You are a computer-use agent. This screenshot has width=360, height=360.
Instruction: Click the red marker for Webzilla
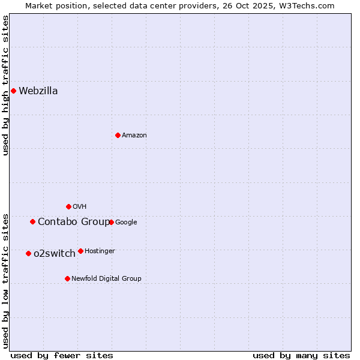tap(13, 91)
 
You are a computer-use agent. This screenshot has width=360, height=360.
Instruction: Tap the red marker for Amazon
tap(118, 135)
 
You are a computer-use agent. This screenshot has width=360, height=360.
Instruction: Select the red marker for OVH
tap(68, 206)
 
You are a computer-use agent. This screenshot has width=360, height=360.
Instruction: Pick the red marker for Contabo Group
tap(32, 221)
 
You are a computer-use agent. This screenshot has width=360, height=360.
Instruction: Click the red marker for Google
tap(111, 222)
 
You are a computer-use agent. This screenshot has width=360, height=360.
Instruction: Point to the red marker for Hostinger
tap(80, 251)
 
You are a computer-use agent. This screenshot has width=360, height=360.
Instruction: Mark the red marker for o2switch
tap(28, 253)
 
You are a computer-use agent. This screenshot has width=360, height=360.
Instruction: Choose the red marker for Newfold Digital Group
tap(67, 278)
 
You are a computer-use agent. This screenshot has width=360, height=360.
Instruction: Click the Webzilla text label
tap(38, 91)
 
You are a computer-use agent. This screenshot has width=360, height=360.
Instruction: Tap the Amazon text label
tap(134, 136)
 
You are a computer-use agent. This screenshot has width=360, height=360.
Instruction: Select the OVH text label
tap(80, 207)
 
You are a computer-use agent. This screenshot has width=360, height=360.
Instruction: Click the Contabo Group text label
tap(73, 222)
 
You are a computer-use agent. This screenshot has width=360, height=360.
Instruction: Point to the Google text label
tap(126, 223)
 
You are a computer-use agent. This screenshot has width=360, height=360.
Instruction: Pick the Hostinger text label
tap(100, 251)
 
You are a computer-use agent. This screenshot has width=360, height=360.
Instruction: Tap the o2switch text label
tap(55, 254)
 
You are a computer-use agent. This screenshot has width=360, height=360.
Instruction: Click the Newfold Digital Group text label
tap(106, 278)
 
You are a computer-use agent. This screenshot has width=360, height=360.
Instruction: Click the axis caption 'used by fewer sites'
tap(62, 355)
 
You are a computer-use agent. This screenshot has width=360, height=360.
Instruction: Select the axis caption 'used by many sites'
tap(301, 355)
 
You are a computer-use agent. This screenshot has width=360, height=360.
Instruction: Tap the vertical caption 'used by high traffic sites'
tap(6, 85)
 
